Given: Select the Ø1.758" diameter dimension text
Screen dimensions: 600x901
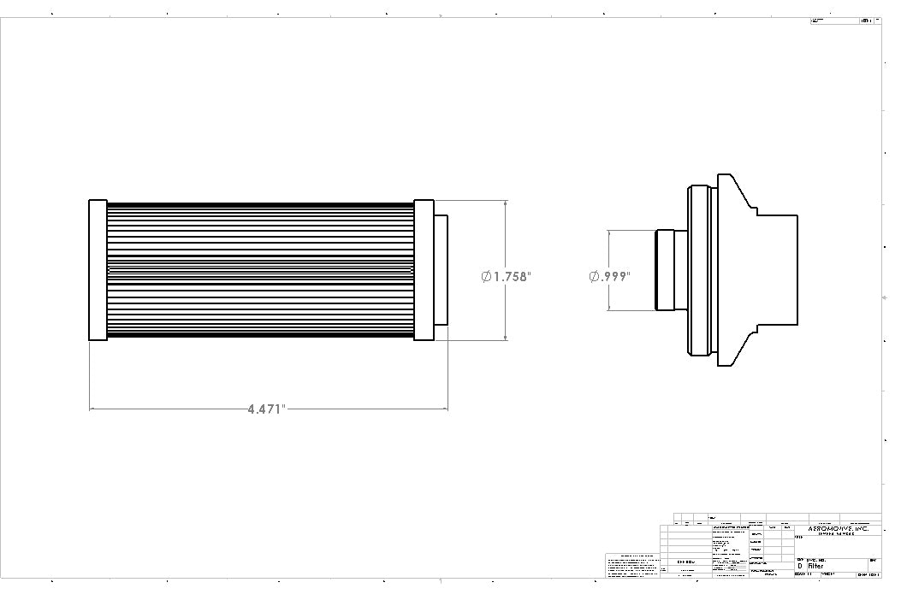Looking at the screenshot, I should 507,276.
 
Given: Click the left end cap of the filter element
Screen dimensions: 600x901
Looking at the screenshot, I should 98,270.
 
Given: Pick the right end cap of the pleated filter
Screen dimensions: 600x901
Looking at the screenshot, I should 424,270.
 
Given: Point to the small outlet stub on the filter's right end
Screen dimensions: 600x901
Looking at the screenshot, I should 441,270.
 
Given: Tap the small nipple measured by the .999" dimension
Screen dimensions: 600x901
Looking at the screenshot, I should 665,270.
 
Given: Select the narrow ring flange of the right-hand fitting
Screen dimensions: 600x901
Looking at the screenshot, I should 701,270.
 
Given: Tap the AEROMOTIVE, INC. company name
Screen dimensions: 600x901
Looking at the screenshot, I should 838,529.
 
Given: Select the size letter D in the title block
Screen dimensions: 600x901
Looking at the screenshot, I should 800,566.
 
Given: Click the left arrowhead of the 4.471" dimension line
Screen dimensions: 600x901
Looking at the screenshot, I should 92,409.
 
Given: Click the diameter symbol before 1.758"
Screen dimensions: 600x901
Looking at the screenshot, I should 486,276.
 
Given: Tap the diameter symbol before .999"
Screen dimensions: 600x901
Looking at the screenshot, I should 594,276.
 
